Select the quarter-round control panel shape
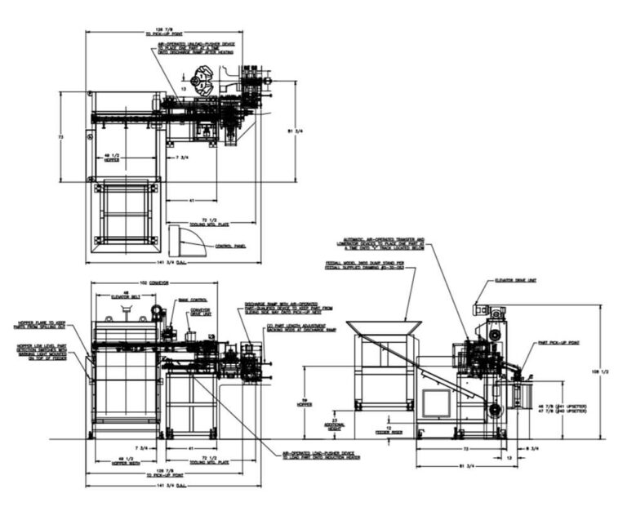[181, 241]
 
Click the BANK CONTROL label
[189, 300]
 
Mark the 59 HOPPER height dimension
[307, 400]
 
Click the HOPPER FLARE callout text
[36, 324]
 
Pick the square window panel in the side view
[436, 402]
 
